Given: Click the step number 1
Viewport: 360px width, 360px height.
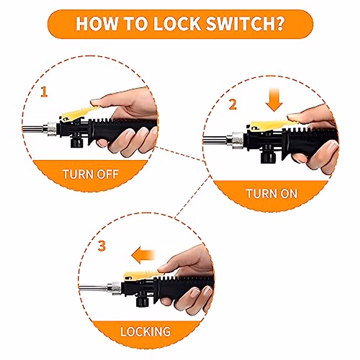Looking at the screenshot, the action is pos(44,92).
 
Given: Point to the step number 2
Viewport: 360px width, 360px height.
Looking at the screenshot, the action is pos(232,104).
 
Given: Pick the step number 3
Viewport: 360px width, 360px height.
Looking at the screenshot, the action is pos(102,247).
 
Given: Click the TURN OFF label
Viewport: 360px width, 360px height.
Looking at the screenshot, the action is pos(91,174).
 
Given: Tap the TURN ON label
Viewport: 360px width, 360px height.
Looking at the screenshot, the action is pos(271,193).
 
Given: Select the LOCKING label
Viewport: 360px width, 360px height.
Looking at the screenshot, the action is pos(145,332).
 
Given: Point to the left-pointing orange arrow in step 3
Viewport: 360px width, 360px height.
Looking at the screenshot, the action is pos(143,256).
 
